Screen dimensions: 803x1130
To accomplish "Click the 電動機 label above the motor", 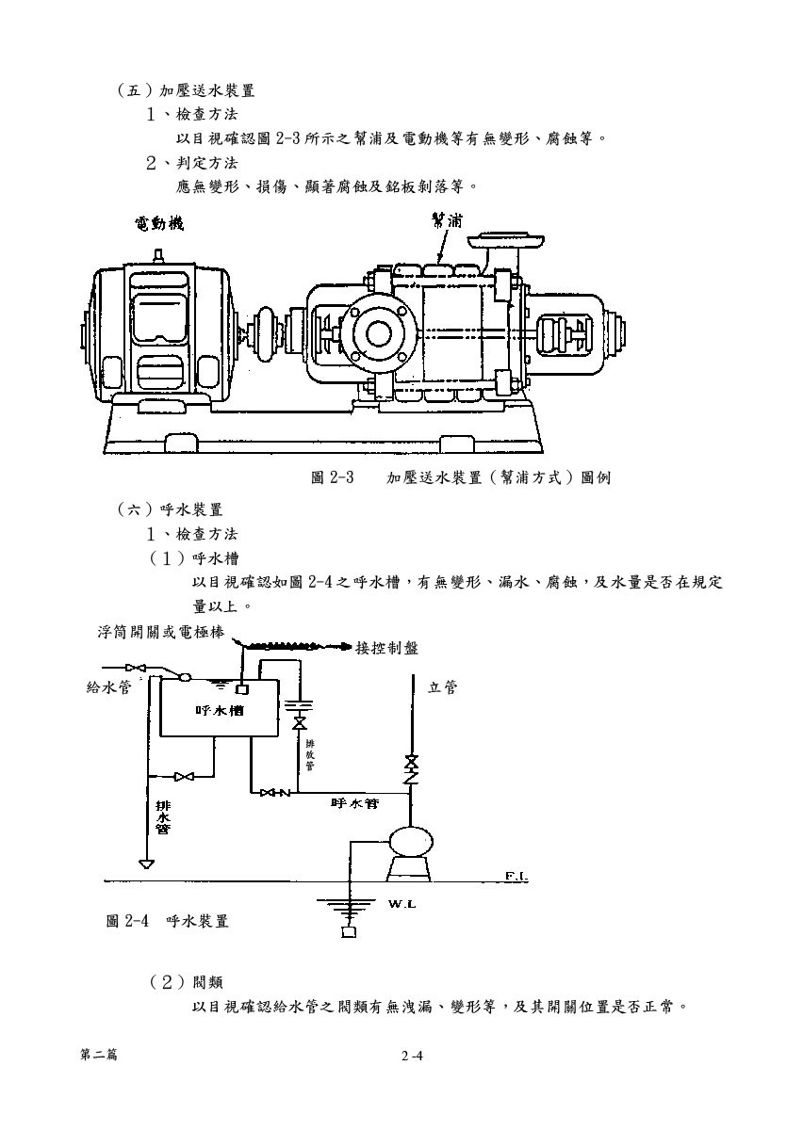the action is tap(159, 223).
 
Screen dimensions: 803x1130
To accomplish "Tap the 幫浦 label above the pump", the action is tap(447, 220).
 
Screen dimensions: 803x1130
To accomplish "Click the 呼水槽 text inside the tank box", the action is tap(220, 711).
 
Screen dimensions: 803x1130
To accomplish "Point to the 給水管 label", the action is tap(109, 687).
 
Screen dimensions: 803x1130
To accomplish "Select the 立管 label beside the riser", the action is tap(442, 687).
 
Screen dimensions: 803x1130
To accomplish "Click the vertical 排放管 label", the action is tap(310, 754).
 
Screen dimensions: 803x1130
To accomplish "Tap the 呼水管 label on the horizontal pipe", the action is tap(354, 802).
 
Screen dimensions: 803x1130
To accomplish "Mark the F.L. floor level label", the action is tap(516, 877).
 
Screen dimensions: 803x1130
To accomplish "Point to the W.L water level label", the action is tap(402, 905).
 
